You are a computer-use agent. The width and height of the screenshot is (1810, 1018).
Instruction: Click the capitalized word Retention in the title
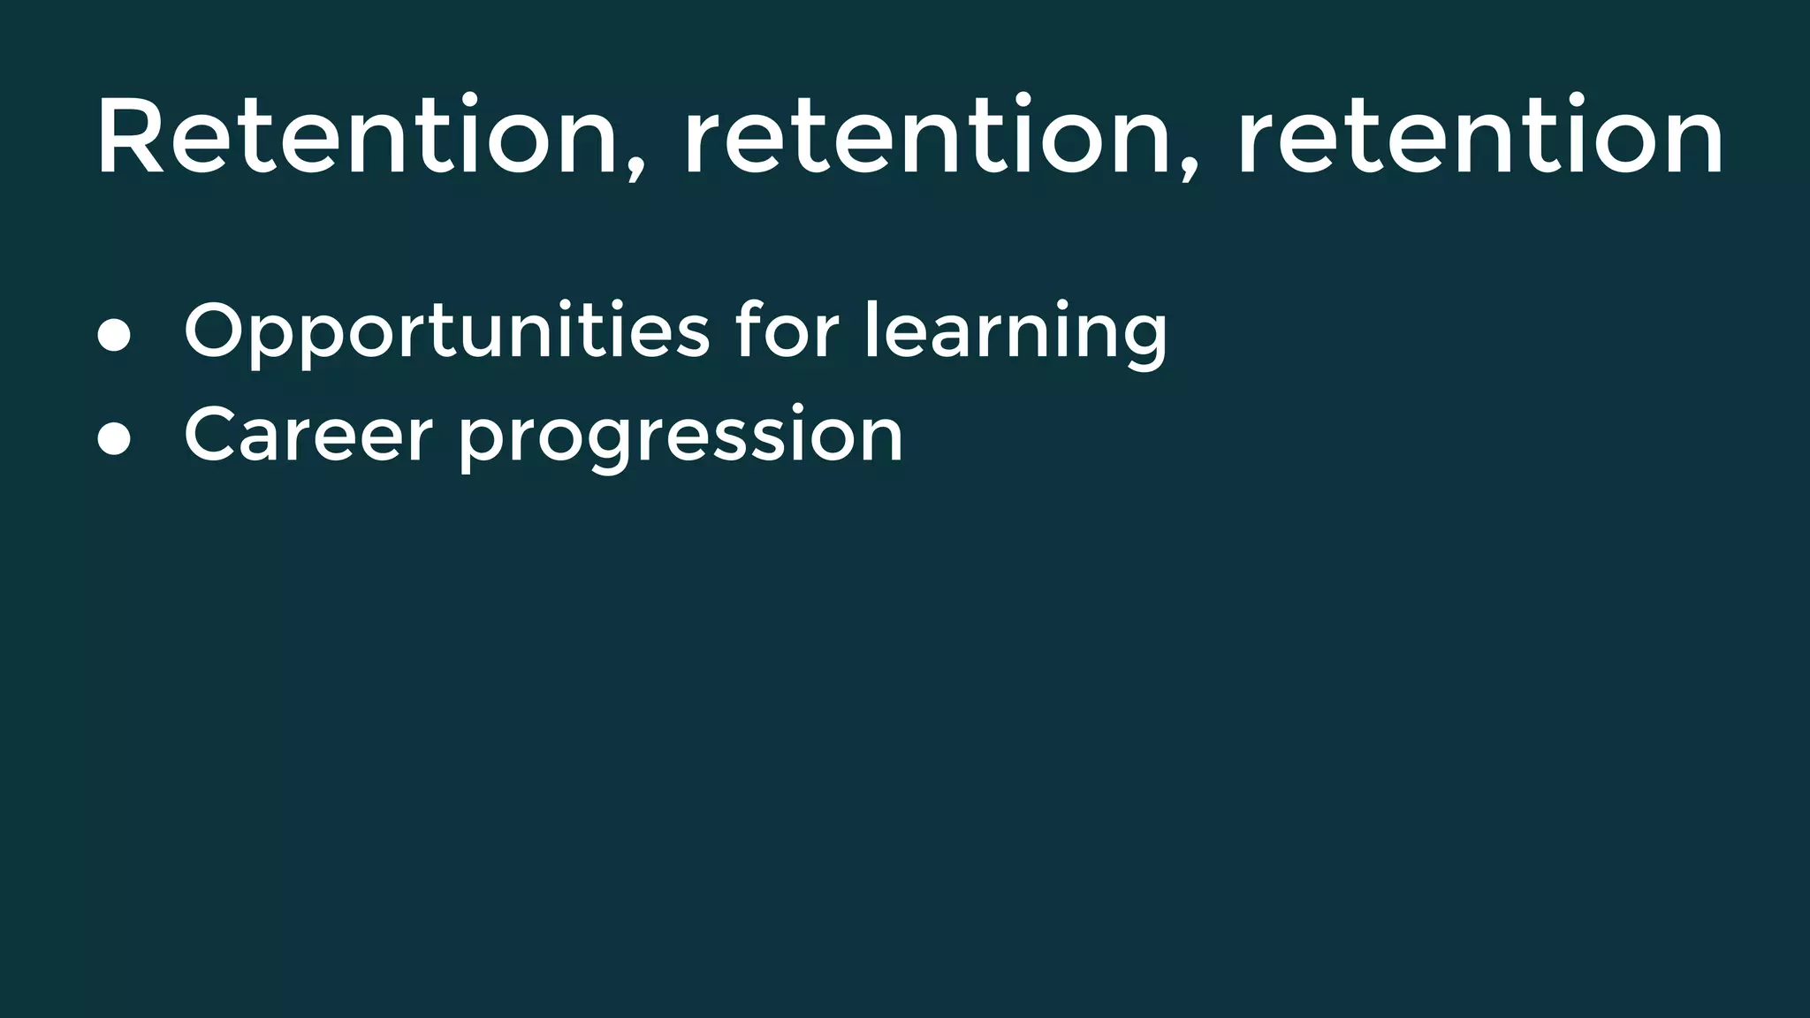click(357, 137)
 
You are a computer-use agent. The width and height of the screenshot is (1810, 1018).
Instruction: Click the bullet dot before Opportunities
click(114, 336)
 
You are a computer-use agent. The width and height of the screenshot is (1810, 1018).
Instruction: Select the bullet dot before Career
click(114, 439)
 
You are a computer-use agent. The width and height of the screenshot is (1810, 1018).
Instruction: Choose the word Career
click(308, 435)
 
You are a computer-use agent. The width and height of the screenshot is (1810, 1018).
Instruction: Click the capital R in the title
click(131, 137)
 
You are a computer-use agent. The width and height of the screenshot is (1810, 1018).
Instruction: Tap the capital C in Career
click(212, 434)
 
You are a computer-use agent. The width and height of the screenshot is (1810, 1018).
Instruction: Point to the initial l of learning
click(870, 328)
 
